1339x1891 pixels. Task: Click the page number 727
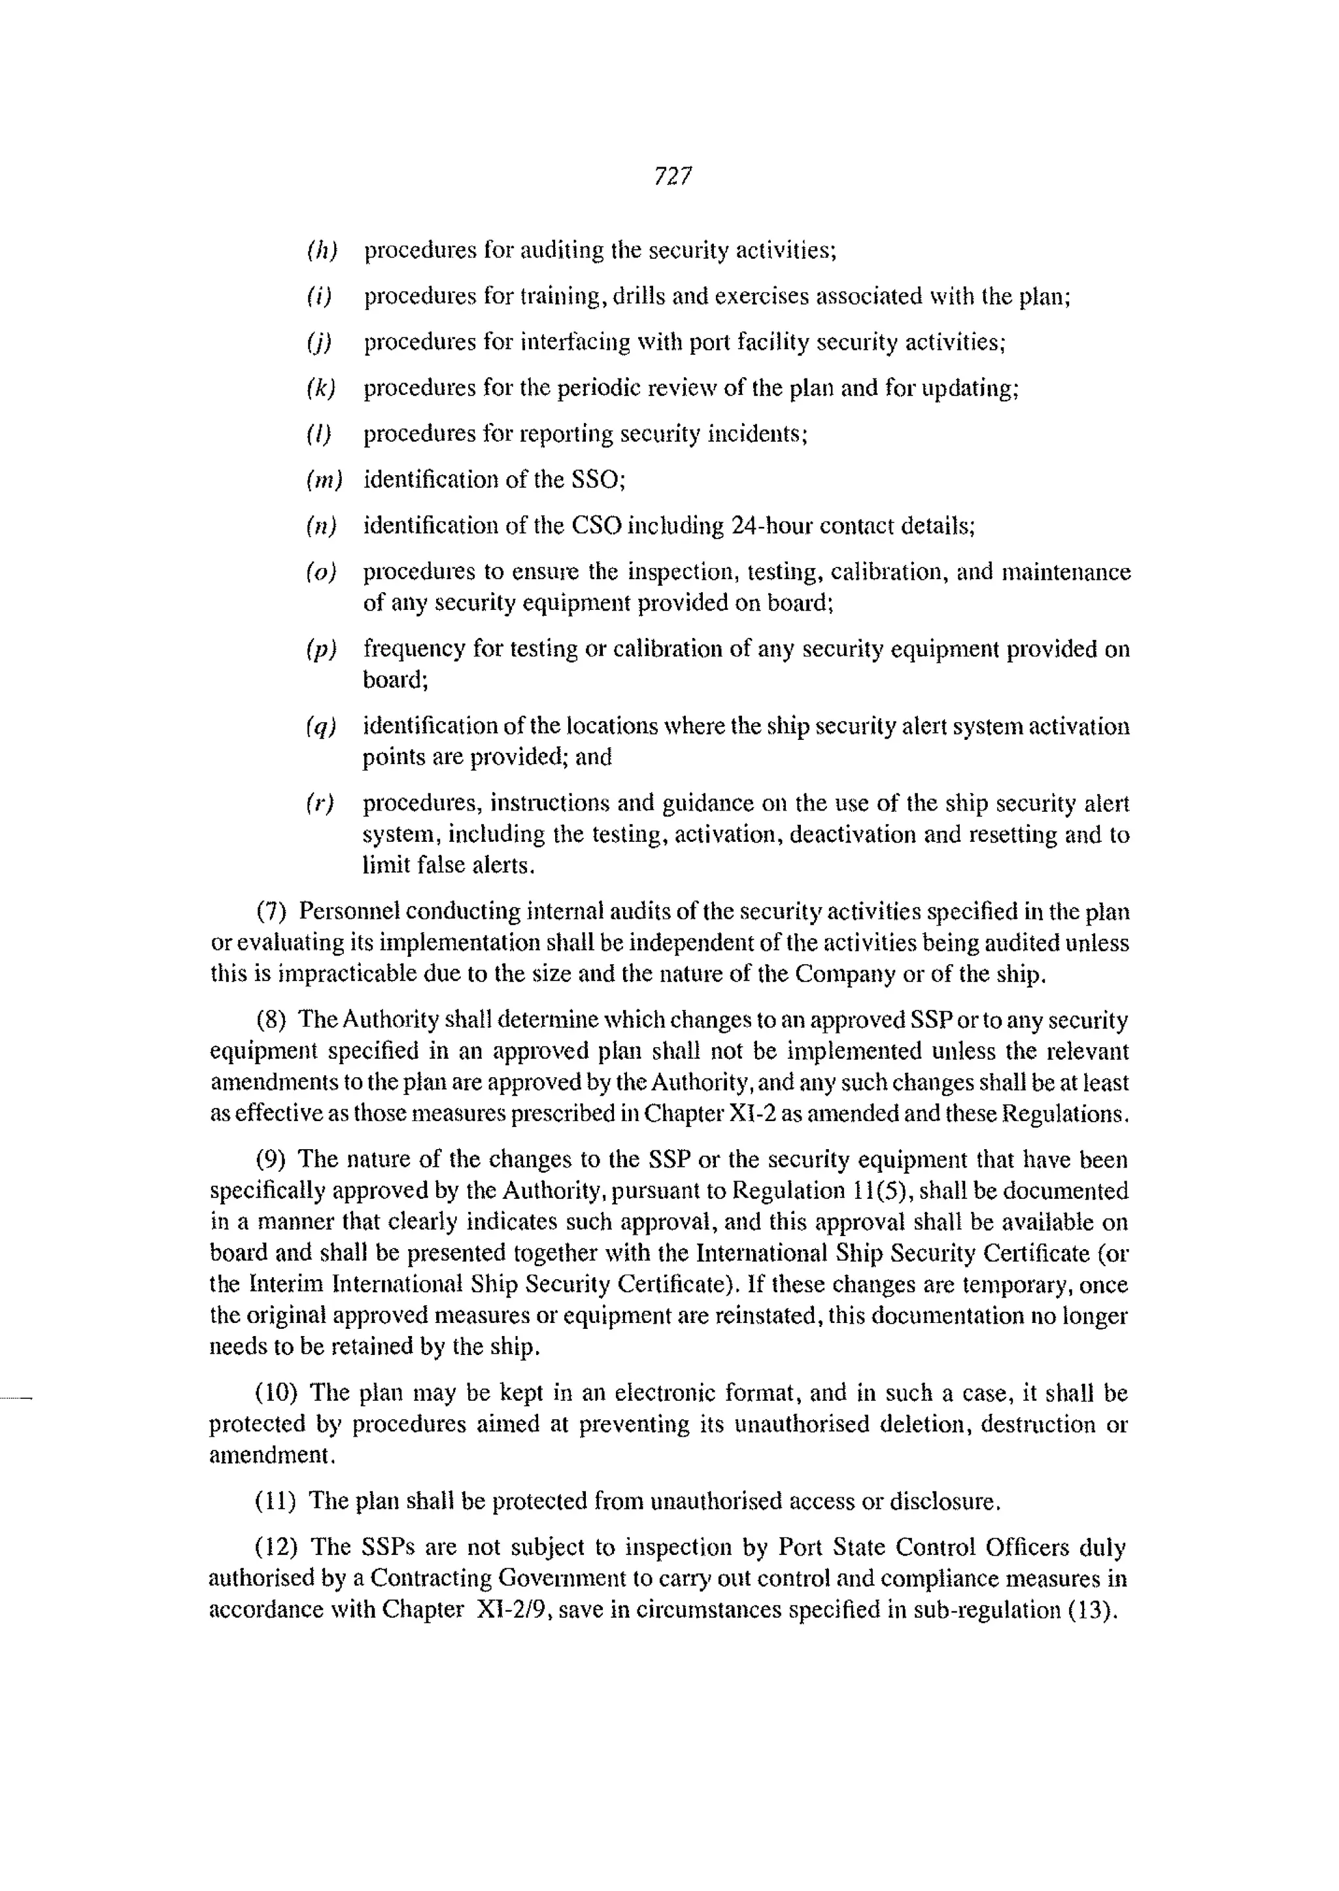672,176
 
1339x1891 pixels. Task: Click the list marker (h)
322,250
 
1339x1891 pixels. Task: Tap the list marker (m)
323,480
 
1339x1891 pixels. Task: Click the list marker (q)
321,726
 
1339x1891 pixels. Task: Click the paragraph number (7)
271,912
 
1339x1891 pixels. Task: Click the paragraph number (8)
271,1020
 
